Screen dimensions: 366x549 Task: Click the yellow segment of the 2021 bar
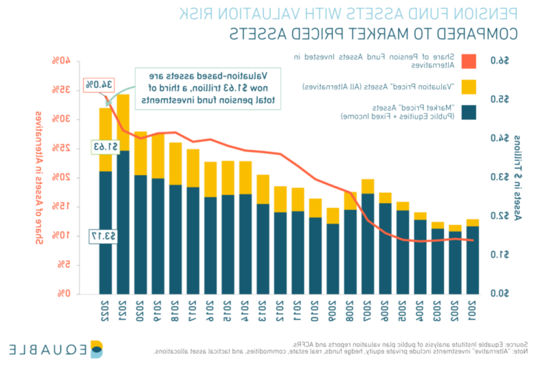click(x=123, y=122)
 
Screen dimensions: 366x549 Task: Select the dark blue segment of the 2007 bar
click(x=368, y=243)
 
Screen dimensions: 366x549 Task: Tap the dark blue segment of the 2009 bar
click(x=333, y=258)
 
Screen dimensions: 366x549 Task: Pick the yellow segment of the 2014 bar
click(x=245, y=177)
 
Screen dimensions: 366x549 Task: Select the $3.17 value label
click(x=103, y=235)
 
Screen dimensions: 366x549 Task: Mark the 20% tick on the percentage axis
click(x=60, y=177)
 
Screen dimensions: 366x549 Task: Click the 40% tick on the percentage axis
click(x=60, y=61)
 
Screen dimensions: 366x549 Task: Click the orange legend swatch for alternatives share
click(x=468, y=61)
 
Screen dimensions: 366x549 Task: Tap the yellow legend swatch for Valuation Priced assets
click(x=468, y=86)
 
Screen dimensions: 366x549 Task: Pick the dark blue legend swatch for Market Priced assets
click(x=468, y=112)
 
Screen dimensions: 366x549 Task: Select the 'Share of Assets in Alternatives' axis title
click(x=39, y=177)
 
